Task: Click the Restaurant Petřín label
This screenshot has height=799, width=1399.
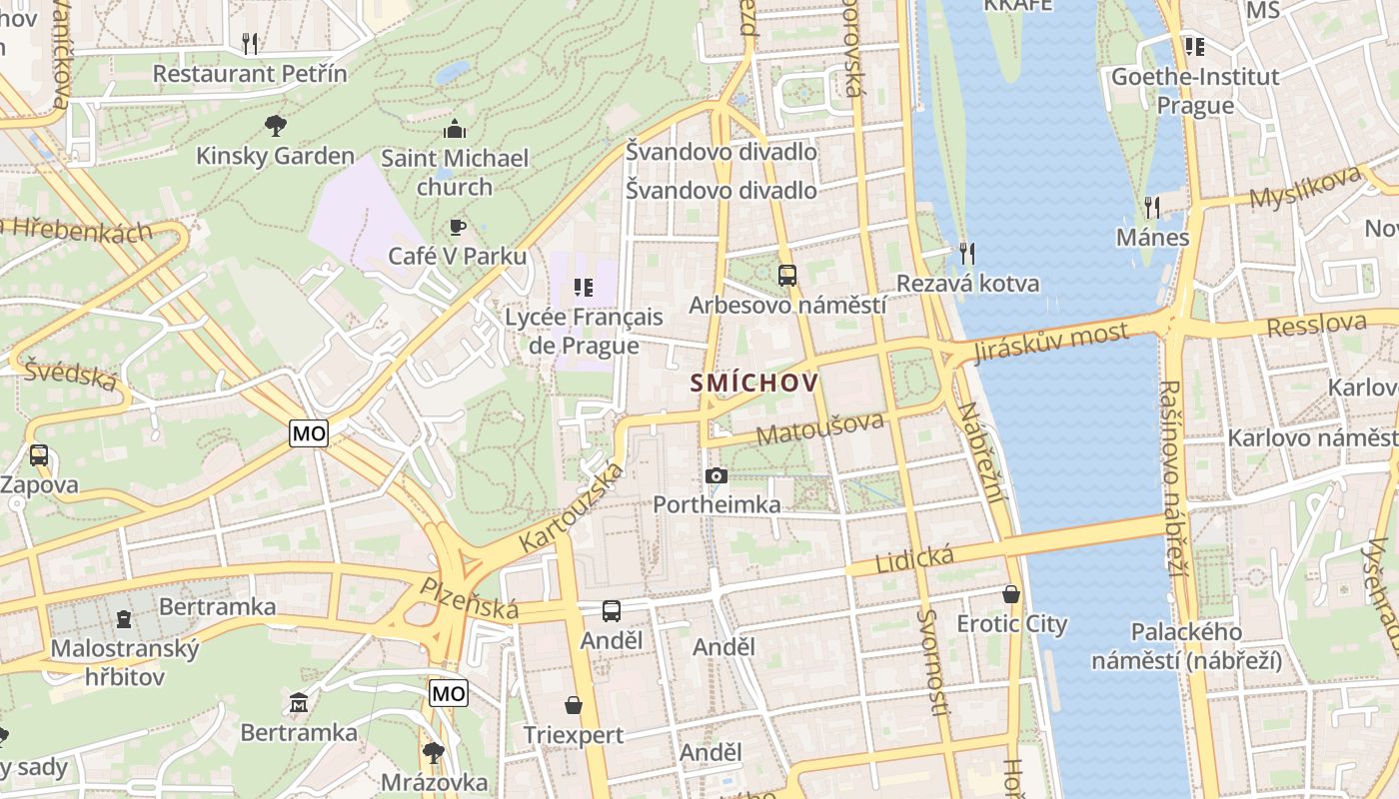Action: [250, 74]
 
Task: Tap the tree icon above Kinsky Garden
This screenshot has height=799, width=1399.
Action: [275, 126]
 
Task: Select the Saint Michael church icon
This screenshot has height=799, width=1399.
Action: [455, 129]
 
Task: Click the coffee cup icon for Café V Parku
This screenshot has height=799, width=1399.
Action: [457, 228]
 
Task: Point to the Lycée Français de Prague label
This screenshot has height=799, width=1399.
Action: [584, 331]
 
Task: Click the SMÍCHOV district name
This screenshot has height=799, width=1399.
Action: [753, 383]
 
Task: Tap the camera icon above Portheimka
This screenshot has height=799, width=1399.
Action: [716, 476]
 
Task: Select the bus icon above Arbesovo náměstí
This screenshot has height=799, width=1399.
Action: [787, 276]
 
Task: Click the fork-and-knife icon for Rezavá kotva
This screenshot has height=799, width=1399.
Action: [966, 254]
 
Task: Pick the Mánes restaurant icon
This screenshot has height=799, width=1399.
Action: [1152, 208]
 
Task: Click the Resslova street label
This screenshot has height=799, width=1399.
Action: [1316, 325]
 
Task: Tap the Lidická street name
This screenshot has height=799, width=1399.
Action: [914, 559]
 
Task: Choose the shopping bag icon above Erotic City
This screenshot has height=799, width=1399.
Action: [1011, 594]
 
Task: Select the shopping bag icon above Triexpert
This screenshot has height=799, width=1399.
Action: [574, 706]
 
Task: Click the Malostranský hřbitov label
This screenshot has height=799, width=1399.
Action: [124, 662]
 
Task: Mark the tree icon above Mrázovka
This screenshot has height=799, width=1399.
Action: [433, 752]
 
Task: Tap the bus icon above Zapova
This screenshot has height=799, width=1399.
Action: [39, 455]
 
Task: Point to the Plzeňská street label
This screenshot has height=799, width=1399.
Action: [470, 598]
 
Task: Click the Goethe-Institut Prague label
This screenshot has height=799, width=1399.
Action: [1195, 91]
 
